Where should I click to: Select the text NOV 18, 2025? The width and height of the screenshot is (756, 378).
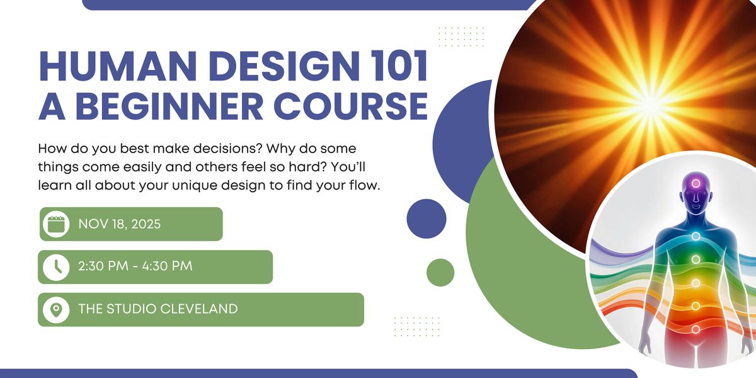[x=120, y=224]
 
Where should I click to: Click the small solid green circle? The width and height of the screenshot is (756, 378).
[x=440, y=272]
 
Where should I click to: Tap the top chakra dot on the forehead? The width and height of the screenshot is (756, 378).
[x=696, y=183]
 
